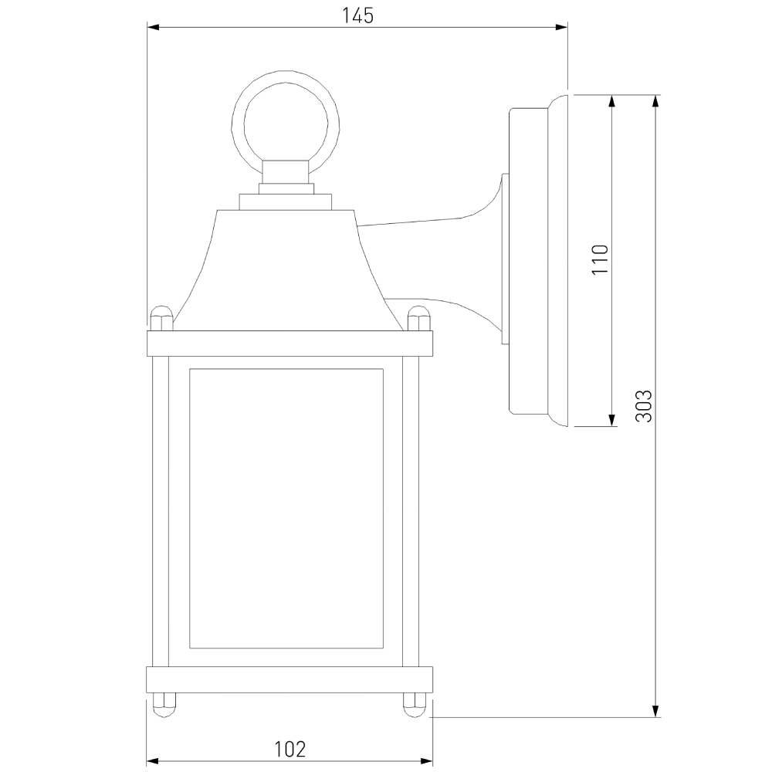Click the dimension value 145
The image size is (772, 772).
[357, 15]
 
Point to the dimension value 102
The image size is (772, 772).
[289, 748]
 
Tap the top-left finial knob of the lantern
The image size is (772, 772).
[160, 317]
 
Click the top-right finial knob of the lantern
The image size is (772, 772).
[418, 317]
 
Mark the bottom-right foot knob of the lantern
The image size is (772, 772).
[415, 704]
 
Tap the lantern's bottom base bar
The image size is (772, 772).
[289, 679]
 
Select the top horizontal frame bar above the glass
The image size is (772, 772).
[289, 343]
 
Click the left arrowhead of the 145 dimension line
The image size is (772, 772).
[153, 28]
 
